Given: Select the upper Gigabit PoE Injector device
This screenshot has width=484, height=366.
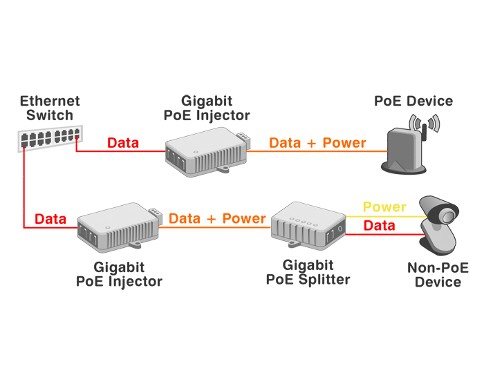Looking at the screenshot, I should tap(205, 155).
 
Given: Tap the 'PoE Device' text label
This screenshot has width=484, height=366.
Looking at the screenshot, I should tap(413, 102).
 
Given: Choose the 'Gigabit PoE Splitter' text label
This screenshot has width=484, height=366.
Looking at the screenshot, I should tap(308, 272).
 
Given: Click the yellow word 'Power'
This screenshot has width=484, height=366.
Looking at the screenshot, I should tap(384, 207).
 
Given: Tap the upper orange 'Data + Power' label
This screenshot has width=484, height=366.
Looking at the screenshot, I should tap(317, 143).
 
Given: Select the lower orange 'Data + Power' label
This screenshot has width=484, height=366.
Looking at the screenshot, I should tap(217, 219).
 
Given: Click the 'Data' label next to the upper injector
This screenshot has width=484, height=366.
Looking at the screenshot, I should tap(123, 144).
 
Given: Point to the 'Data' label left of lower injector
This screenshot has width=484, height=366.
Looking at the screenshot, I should tap(50, 220).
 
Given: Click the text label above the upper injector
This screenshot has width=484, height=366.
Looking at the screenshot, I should tap(206, 108).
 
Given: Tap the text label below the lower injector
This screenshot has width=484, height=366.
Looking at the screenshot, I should tap(119, 274).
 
